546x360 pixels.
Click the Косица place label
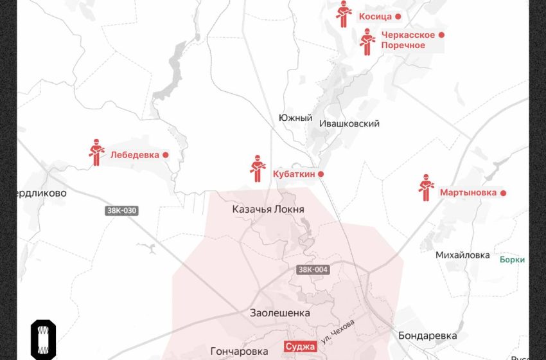coord(375,17)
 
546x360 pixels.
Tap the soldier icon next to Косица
coord(344,14)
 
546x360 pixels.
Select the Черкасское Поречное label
coord(407,40)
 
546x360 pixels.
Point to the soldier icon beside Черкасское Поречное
coord(367,42)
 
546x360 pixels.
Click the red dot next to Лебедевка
coord(165,155)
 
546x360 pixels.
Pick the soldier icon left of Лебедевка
coord(96,152)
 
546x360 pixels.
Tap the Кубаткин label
coord(293,174)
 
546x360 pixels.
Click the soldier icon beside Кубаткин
coord(257,168)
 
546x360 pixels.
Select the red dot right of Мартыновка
coord(504,193)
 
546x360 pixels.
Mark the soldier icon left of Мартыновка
coord(426,188)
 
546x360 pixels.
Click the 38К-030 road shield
coord(122,210)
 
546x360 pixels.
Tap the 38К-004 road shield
coord(313,270)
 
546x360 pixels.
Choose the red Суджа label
coord(301,347)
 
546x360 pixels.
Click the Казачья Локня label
coord(268,210)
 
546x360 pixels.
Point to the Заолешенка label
coord(279,313)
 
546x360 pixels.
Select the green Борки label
coord(512,260)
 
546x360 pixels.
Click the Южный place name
coord(295,118)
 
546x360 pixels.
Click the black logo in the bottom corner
coord(43,338)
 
